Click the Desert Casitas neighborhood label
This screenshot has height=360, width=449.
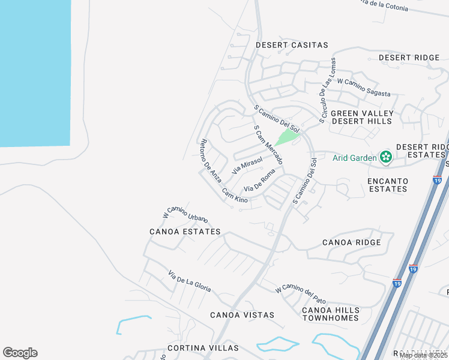click(x=292, y=45)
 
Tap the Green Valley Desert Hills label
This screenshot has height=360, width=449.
click(x=362, y=117)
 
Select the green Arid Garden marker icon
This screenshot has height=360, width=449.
click(x=385, y=158)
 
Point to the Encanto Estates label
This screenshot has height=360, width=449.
click(x=387, y=185)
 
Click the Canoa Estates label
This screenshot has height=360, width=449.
click(x=185, y=231)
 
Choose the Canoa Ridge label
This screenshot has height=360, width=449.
click(x=351, y=242)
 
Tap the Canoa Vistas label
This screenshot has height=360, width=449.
click(x=242, y=315)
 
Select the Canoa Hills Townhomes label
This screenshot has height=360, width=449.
click(x=331, y=314)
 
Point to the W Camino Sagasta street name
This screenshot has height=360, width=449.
click(x=364, y=88)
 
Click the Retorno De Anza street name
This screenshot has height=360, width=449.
click(x=210, y=160)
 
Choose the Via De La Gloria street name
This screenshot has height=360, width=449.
click(x=190, y=281)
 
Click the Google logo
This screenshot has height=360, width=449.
click(x=20, y=353)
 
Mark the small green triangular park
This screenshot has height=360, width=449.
click(x=288, y=137)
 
